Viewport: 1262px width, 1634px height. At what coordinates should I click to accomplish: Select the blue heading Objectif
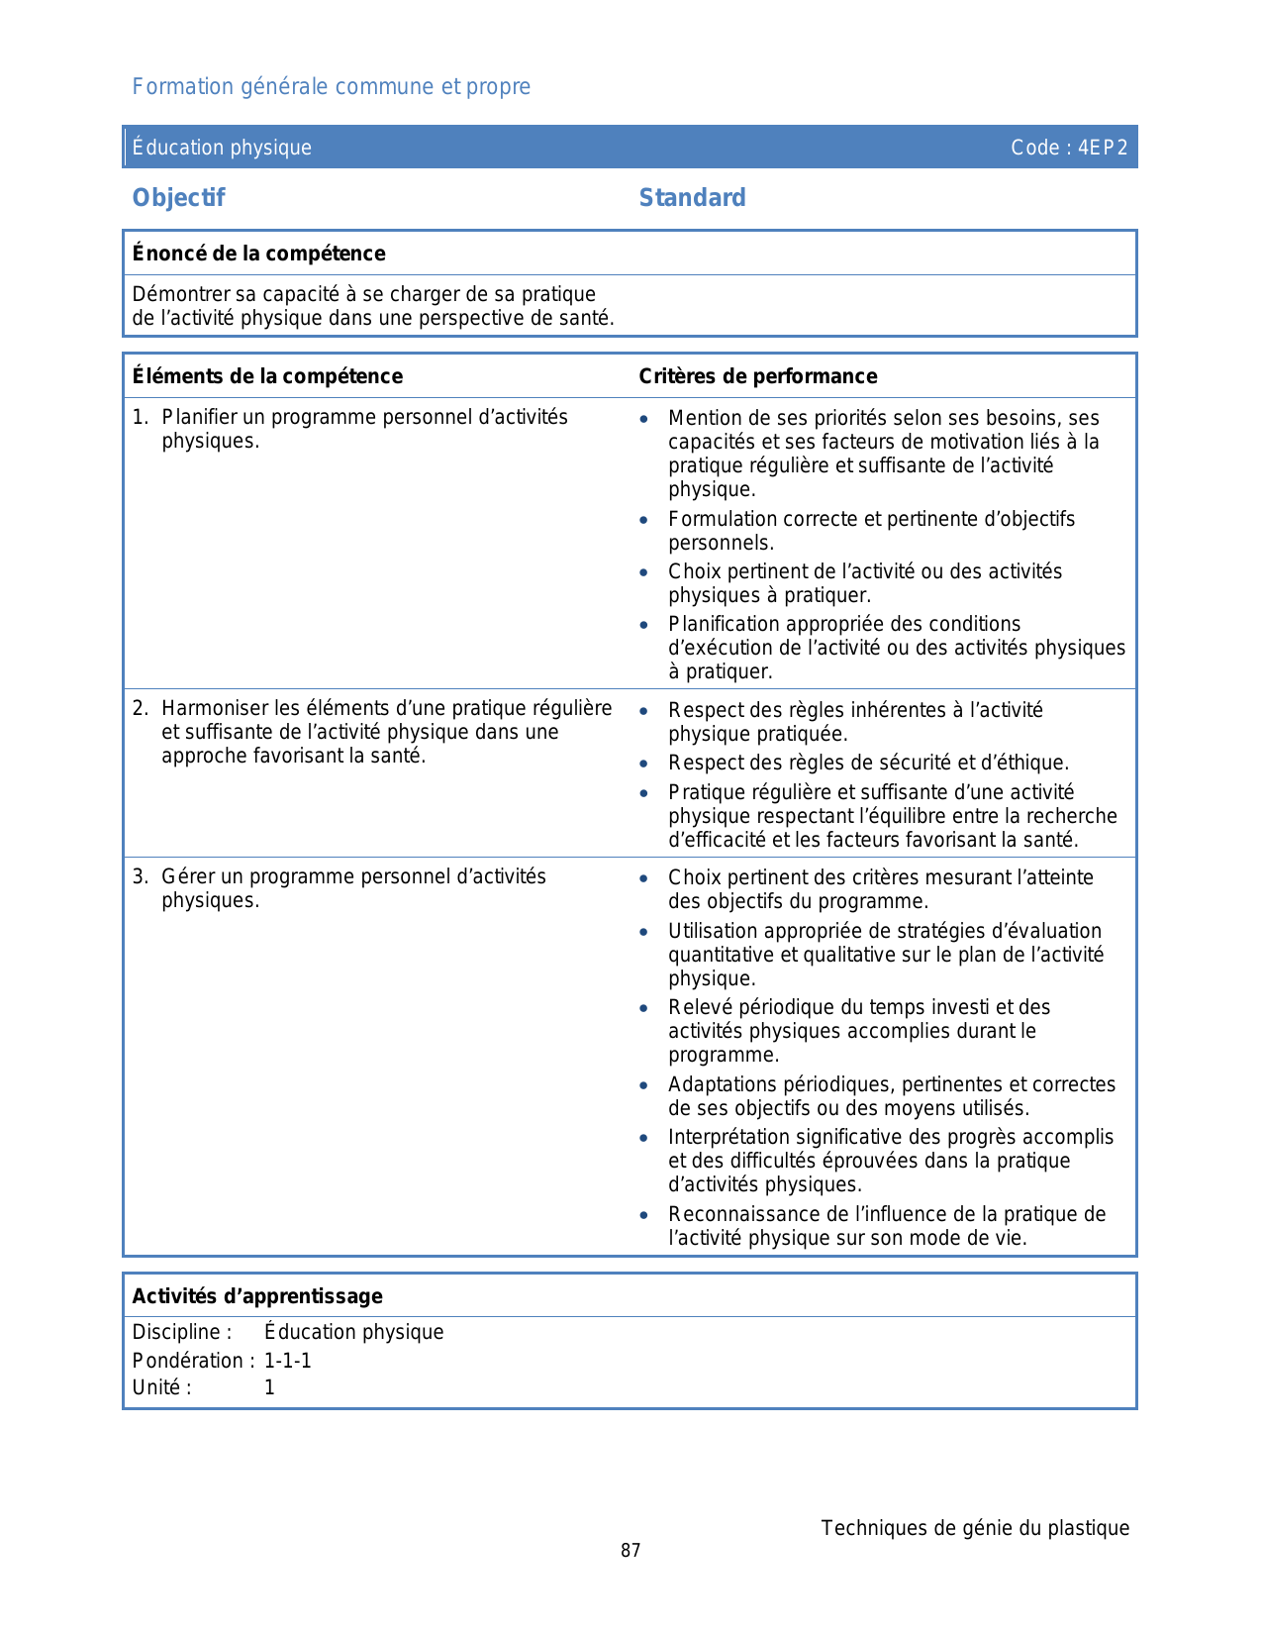pos(179,198)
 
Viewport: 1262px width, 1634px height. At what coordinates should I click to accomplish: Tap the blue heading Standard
pos(692,198)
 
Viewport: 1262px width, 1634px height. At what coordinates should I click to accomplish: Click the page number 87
pos(631,1551)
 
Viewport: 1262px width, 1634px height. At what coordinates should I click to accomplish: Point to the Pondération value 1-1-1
pos(288,1361)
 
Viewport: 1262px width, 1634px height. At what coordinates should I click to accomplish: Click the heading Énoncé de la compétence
pos(259,254)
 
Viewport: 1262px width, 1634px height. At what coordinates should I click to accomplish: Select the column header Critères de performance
pos(758,376)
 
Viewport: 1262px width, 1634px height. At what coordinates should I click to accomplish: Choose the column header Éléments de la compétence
pos(267,376)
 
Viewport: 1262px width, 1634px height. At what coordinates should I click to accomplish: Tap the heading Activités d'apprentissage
pos(257,1296)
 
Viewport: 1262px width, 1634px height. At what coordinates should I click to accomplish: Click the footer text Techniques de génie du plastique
pos(975,1528)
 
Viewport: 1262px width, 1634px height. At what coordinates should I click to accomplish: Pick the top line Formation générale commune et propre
pos(332,87)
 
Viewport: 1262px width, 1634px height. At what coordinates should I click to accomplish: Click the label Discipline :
pos(182,1332)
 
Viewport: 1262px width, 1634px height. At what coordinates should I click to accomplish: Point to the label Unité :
pos(162,1387)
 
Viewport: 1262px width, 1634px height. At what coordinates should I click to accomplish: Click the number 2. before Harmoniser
pos(141,708)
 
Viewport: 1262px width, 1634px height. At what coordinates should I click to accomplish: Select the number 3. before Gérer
pos(141,876)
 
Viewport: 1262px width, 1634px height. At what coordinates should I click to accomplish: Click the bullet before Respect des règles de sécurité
pos(644,764)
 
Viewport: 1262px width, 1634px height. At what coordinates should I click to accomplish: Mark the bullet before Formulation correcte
pos(644,520)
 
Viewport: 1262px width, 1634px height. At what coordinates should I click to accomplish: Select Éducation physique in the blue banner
pos(223,148)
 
